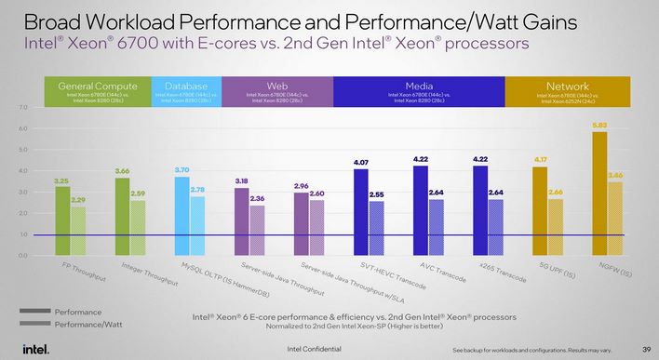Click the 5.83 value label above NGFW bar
(599, 123)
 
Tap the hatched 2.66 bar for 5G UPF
(556, 226)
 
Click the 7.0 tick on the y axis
(22, 107)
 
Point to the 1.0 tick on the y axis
(22, 233)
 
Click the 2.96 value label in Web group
(300, 185)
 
